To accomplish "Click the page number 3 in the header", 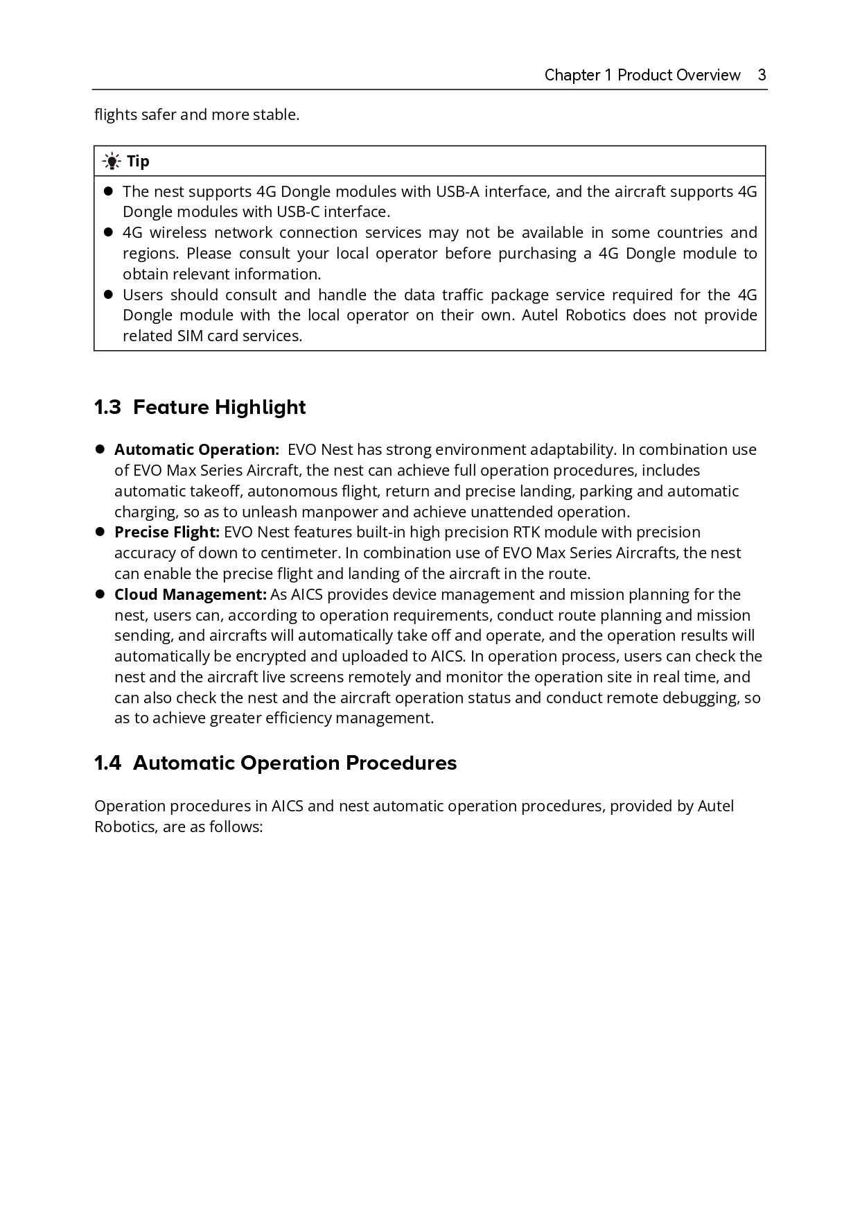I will tap(762, 75).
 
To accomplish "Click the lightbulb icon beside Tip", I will tap(111, 162).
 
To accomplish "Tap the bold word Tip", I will tap(138, 162).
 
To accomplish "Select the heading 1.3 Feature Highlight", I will tap(200, 407).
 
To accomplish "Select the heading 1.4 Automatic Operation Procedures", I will tap(275, 763).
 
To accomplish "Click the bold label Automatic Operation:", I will tap(196, 449).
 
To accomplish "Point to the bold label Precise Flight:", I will tap(166, 532).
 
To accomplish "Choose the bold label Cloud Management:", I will tap(190, 594).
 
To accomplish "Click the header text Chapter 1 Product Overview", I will tap(642, 75).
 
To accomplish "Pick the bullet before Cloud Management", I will tap(100, 594).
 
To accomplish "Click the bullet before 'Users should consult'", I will tap(108, 295).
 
